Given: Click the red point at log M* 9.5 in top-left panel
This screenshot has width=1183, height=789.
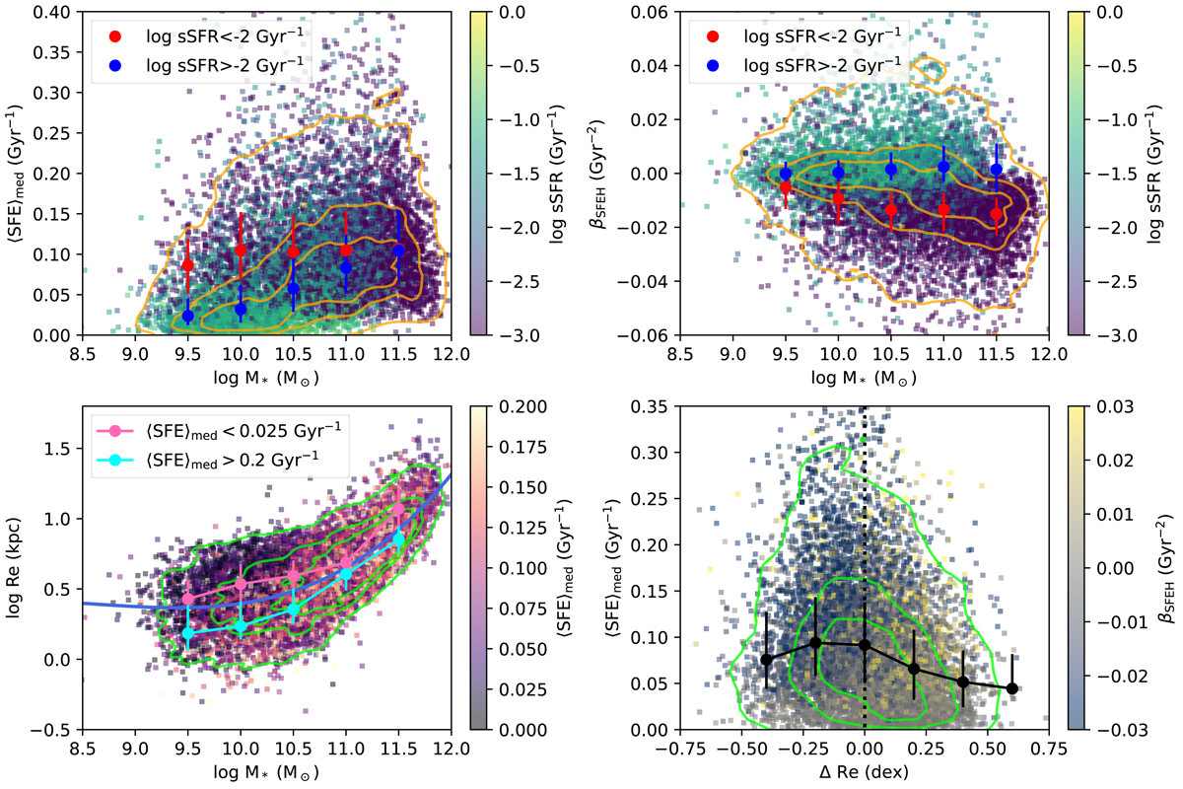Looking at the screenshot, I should pyautogui.click(x=188, y=266).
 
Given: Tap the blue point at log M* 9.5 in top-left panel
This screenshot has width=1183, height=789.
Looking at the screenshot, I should pyautogui.click(x=188, y=316).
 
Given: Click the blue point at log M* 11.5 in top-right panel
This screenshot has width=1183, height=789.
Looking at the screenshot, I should pyautogui.click(x=997, y=170).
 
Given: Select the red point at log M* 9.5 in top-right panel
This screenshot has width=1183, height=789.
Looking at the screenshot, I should pyautogui.click(x=786, y=186).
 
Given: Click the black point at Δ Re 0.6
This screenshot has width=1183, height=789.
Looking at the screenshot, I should pyautogui.click(x=1011, y=688).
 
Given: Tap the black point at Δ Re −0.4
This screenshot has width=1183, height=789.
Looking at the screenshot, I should pyautogui.click(x=767, y=659).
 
